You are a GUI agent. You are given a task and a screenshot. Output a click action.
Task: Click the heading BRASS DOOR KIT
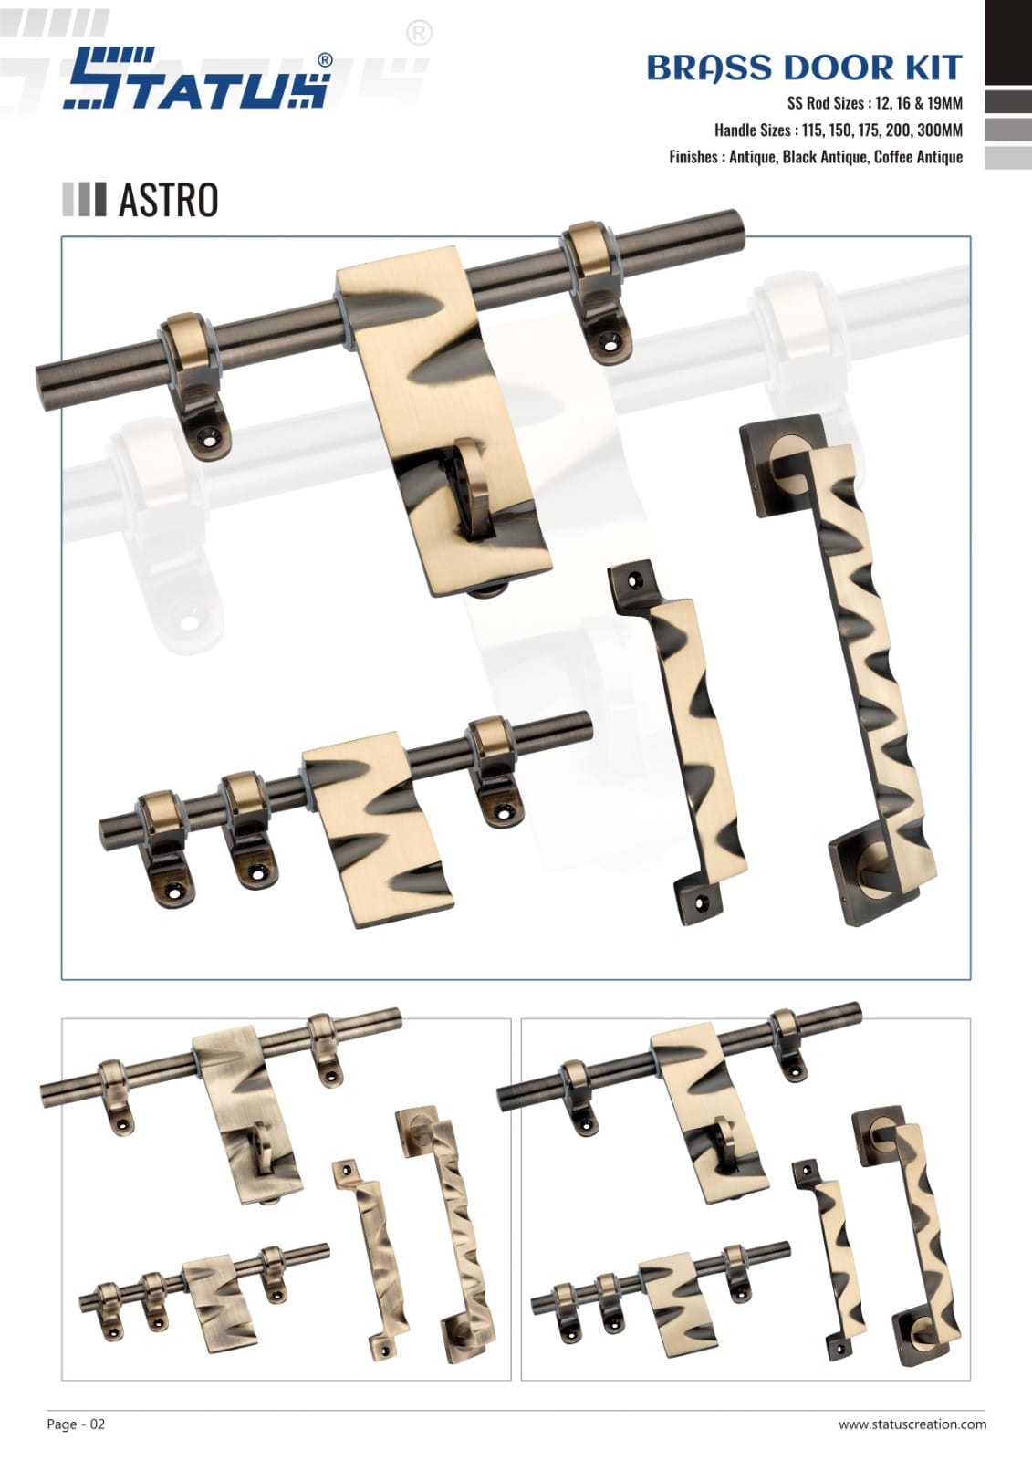pos(804,68)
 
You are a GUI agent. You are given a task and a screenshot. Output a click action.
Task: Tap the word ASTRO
pos(168,200)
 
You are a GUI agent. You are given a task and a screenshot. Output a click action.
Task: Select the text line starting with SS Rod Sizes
pos(875,103)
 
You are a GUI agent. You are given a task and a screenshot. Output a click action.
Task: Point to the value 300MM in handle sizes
pos(940,130)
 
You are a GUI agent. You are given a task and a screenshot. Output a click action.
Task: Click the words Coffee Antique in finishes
pos(918,156)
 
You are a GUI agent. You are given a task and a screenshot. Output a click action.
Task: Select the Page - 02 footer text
pos(76,1423)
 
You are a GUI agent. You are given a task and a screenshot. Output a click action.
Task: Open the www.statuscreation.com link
pos(912,1423)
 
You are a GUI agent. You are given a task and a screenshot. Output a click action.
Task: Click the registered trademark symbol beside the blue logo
pos(325,60)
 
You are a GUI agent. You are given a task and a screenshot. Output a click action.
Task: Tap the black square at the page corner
pos(1008,42)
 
